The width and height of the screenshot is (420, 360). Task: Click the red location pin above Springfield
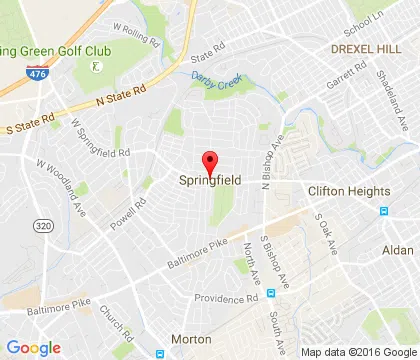pos(210,161)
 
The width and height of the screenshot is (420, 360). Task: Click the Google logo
pos(33,347)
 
